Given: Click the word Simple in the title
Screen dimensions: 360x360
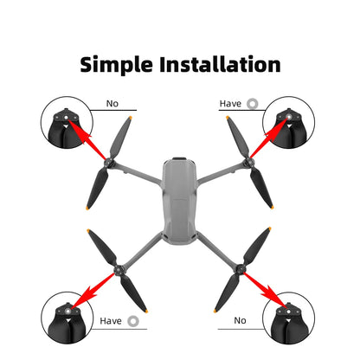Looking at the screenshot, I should pos(120,65).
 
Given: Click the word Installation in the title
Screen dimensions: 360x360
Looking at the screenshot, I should pos(221,65).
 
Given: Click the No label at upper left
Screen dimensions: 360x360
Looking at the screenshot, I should pos(112,103).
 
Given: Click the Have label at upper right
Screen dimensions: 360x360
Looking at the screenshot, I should pos(230,103).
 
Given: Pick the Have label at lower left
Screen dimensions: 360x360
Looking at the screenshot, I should pos(112,320).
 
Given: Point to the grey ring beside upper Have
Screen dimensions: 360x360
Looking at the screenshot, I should pos(252,103).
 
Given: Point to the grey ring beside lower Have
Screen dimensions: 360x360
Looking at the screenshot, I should pos(133,320).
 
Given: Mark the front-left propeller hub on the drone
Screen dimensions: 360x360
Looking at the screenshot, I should pos(110,162).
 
